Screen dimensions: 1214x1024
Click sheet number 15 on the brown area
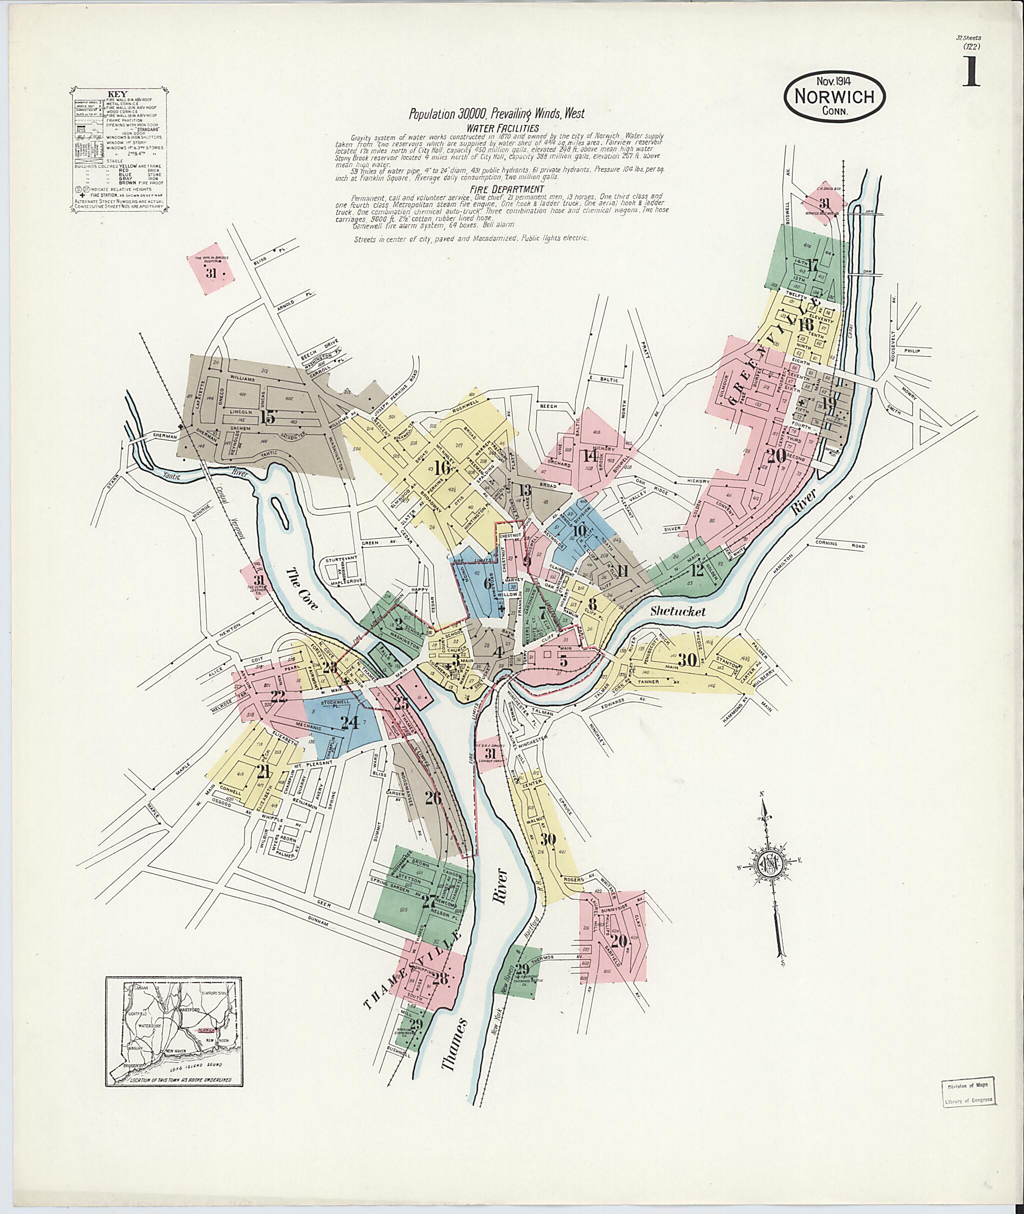(x=267, y=417)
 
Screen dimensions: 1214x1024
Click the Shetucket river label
(x=677, y=612)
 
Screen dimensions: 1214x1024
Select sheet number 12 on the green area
(x=697, y=570)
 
